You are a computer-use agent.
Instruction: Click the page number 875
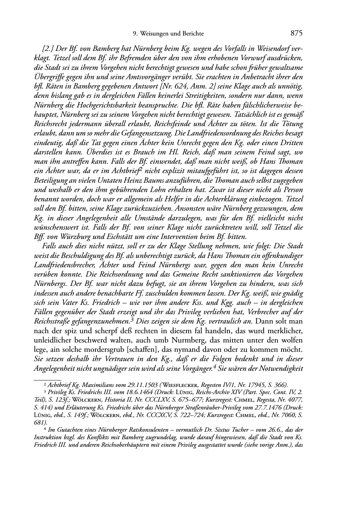(297, 33)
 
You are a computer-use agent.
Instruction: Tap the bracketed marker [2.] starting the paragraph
(48, 49)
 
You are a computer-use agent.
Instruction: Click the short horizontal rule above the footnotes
(47, 378)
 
